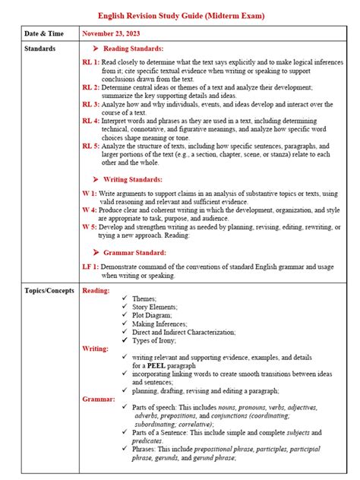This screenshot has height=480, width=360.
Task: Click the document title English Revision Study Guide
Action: click(179, 16)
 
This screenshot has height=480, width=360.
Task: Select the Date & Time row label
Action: click(43, 34)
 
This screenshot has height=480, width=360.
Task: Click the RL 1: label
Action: click(91, 66)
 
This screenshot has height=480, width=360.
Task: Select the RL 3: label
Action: click(91, 104)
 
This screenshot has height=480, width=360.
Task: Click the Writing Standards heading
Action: click(132, 179)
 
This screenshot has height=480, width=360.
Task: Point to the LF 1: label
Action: click(91, 267)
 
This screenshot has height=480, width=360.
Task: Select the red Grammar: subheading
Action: click(99, 399)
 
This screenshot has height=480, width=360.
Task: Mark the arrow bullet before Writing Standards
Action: click(95, 179)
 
